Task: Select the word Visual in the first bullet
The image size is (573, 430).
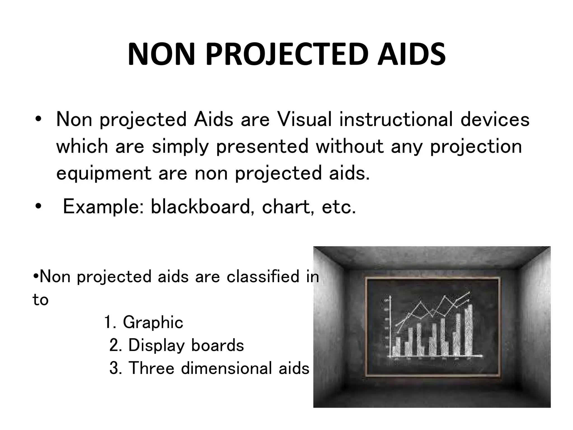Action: pos(304,120)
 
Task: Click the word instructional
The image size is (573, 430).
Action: pos(396,120)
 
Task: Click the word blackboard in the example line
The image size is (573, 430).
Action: pos(200,207)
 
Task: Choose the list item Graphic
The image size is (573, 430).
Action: pos(153,322)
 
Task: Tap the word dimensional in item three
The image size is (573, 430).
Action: pos(227,368)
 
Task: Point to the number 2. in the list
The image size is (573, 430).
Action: pos(115,345)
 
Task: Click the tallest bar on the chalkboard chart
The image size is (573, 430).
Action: pos(469,330)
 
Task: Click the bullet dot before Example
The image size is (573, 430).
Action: pos(38,207)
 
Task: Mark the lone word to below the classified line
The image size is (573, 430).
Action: pos(41,300)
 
